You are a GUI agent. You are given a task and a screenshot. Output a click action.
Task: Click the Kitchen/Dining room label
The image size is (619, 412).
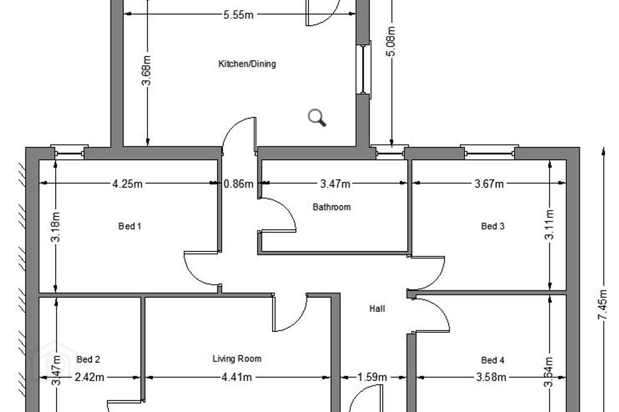point(247,64)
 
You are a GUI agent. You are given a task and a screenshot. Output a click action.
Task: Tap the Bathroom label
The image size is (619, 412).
point(331,207)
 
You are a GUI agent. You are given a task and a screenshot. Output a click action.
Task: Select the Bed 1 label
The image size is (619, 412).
point(130,226)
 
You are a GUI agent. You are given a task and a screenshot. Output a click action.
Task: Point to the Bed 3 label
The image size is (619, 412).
point(493,226)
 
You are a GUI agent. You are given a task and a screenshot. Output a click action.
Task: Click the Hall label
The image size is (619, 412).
point(377,309)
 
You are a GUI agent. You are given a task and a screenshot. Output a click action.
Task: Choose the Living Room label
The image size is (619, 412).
point(237,359)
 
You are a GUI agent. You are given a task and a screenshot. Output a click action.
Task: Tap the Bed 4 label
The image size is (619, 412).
point(493,360)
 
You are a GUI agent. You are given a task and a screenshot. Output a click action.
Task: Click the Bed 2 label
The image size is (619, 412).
point(88,360)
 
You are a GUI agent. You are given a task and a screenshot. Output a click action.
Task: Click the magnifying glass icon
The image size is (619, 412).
point(317,118)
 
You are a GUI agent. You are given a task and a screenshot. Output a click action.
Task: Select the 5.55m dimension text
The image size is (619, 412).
point(238,15)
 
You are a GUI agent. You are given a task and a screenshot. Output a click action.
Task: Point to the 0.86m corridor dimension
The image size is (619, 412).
point(238,184)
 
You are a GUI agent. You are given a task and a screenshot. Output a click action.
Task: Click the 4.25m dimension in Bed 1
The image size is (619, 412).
point(127,184)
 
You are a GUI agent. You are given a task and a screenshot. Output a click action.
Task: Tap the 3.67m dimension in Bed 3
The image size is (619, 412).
point(489,184)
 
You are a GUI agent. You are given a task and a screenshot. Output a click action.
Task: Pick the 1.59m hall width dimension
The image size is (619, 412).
point(372,377)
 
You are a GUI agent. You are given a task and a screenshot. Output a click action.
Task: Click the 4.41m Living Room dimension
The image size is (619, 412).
point(237,377)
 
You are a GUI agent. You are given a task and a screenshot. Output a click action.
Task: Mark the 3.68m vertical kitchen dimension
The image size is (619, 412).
point(147,71)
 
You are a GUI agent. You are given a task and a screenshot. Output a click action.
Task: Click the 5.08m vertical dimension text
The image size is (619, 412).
point(391,41)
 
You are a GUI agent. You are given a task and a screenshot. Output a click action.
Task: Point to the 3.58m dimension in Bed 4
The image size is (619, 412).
point(491,377)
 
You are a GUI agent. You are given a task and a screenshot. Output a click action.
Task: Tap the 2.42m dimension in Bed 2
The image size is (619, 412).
point(89,377)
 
